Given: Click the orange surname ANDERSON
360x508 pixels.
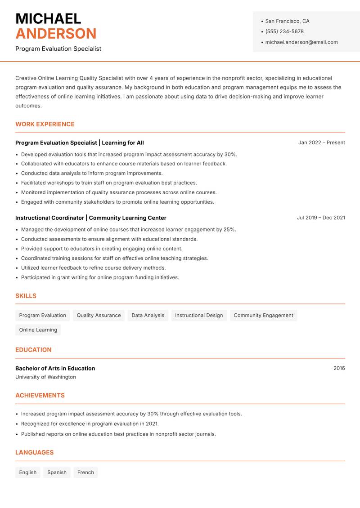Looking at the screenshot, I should click(x=56, y=34).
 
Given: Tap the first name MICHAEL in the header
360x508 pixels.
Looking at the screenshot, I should click(x=48, y=19).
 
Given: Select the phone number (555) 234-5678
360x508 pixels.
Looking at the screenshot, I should click(x=284, y=31).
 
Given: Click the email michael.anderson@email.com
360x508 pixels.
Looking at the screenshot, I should click(x=301, y=42).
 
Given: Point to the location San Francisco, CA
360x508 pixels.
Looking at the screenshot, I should click(x=287, y=21).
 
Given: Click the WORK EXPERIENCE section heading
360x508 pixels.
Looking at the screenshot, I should click(x=45, y=124).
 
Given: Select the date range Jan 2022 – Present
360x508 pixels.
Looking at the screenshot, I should click(x=321, y=143).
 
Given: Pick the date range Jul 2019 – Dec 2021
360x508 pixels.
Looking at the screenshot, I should click(x=320, y=218).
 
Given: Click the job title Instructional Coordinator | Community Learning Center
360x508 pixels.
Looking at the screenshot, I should click(x=91, y=218).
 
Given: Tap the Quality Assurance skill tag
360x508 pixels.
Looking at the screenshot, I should click(x=99, y=315).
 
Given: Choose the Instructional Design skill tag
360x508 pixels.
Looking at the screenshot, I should click(x=199, y=315).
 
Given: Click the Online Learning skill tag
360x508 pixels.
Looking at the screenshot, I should click(x=38, y=330).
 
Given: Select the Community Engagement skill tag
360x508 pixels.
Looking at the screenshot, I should click(x=263, y=315).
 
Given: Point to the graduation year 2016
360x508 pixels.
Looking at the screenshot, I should click(x=339, y=368).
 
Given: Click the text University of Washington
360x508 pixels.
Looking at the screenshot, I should click(x=45, y=377).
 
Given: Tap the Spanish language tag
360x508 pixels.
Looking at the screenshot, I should click(x=57, y=472).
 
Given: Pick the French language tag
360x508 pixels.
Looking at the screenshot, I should click(x=85, y=472).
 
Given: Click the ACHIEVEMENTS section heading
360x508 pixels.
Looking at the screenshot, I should click(x=40, y=396).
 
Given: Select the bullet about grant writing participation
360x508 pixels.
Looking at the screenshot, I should click(x=100, y=277).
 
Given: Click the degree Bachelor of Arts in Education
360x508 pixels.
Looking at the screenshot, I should click(x=55, y=368).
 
